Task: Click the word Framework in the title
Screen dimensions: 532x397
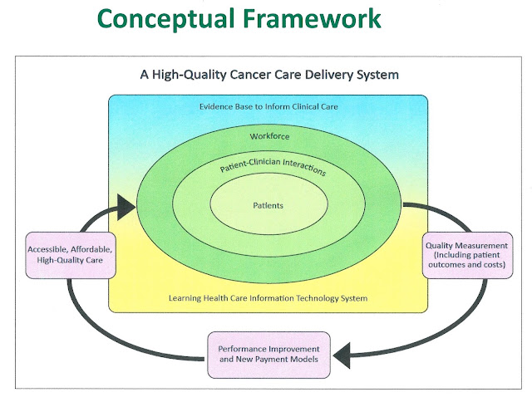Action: [313, 18]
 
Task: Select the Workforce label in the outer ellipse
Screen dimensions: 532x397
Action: [269, 136]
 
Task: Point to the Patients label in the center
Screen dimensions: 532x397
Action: [268, 205]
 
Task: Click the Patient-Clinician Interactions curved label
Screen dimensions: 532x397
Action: [273, 166]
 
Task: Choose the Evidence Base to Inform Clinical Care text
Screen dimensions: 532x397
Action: [268, 106]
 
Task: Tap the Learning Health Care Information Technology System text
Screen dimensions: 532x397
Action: [268, 298]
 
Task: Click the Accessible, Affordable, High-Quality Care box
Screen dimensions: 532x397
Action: [71, 255]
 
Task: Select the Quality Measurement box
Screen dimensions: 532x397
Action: [467, 255]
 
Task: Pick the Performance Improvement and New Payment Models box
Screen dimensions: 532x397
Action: [268, 355]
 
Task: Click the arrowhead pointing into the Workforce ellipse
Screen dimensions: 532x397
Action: [126, 207]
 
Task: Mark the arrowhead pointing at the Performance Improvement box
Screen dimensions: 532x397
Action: [342, 355]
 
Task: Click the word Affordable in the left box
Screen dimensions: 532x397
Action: [91, 249]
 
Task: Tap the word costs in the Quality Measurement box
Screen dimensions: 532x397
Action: [495, 264]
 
